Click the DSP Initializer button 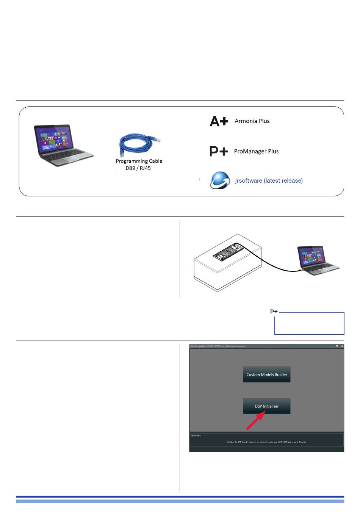[x=266, y=406]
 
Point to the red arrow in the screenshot [x=255, y=422]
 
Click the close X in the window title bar [x=342, y=346]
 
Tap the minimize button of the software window [x=331, y=347]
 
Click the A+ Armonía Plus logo [x=219, y=121]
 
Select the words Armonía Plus [x=252, y=121]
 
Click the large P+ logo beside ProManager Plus [x=219, y=151]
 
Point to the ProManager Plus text [x=256, y=151]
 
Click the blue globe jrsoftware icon [x=220, y=180]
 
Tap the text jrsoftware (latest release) [x=269, y=181]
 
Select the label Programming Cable [x=139, y=161]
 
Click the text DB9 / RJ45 [x=138, y=168]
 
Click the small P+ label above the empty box [x=274, y=312]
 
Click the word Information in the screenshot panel [x=196, y=436]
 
